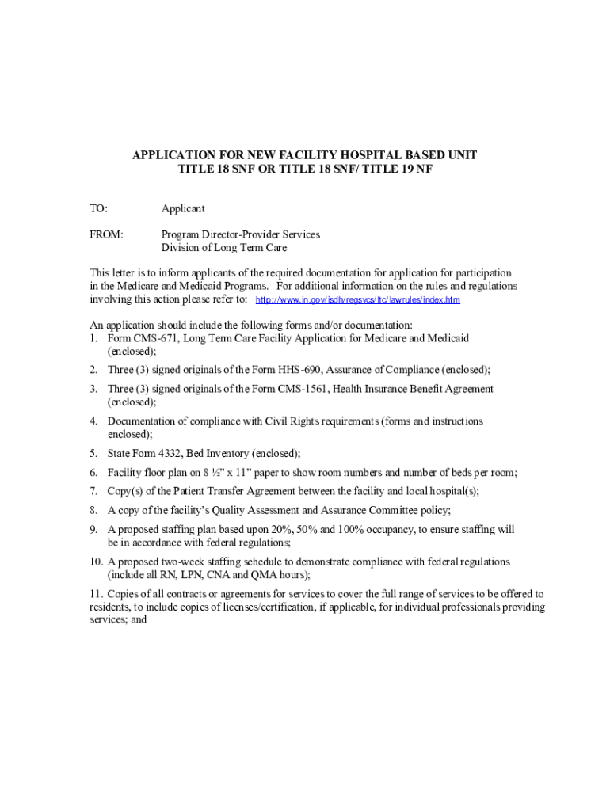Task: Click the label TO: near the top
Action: point(98,208)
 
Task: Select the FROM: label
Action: point(106,234)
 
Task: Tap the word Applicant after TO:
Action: point(183,208)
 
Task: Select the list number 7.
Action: point(93,491)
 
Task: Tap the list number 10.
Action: point(96,562)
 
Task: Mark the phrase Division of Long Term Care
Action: point(224,248)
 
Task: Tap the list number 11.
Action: point(96,594)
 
